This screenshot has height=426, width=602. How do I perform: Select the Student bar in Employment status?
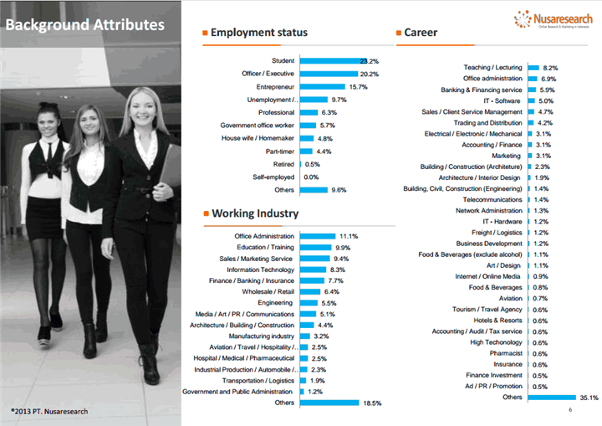tap(329, 61)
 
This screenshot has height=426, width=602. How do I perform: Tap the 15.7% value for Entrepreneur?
tap(358, 87)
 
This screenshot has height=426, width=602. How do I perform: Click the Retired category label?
tap(283, 164)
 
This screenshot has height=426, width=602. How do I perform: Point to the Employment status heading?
tap(259, 33)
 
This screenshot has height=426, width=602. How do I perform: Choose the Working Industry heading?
tap(255, 213)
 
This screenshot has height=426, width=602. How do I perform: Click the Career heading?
tap(421, 33)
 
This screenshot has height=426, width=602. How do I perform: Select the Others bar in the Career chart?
tap(552, 398)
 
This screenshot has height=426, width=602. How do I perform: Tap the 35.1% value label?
tap(589, 398)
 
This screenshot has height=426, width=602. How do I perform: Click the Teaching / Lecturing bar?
tap(533, 68)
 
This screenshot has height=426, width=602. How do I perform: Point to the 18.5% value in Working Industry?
tap(372, 403)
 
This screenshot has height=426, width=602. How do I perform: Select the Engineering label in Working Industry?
tap(275, 303)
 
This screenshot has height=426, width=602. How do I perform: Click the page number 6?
tap(569, 411)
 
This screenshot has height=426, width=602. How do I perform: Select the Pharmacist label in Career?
tap(504, 353)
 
